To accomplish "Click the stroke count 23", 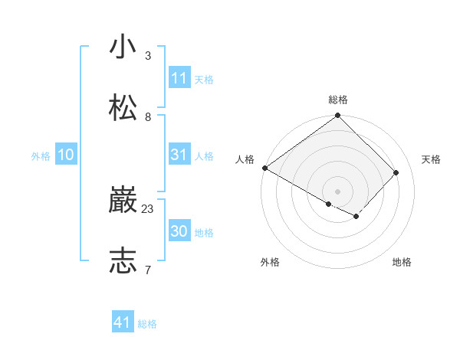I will pyautogui.click(x=148, y=208).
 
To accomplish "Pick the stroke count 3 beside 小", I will pyautogui.click(x=148, y=56).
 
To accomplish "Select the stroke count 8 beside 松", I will pyautogui.click(x=148, y=116).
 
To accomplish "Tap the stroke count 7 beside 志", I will pyautogui.click(x=148, y=270).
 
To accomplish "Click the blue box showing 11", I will pyautogui.click(x=179, y=78).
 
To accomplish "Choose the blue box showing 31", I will pyautogui.click(x=179, y=155).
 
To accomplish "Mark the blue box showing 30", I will pyautogui.click(x=179, y=231).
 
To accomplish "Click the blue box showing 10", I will pyautogui.click(x=66, y=155).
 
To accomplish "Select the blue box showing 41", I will pyautogui.click(x=123, y=322).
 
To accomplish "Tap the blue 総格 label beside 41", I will pyautogui.click(x=147, y=324).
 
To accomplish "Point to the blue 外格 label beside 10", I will pyautogui.click(x=41, y=156).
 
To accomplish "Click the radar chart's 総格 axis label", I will pyautogui.click(x=338, y=100).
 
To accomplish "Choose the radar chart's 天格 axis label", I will pyautogui.click(x=431, y=159).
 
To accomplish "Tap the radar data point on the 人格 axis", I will pyautogui.click(x=264, y=168).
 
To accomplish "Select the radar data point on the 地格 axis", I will pyautogui.click(x=356, y=217).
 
